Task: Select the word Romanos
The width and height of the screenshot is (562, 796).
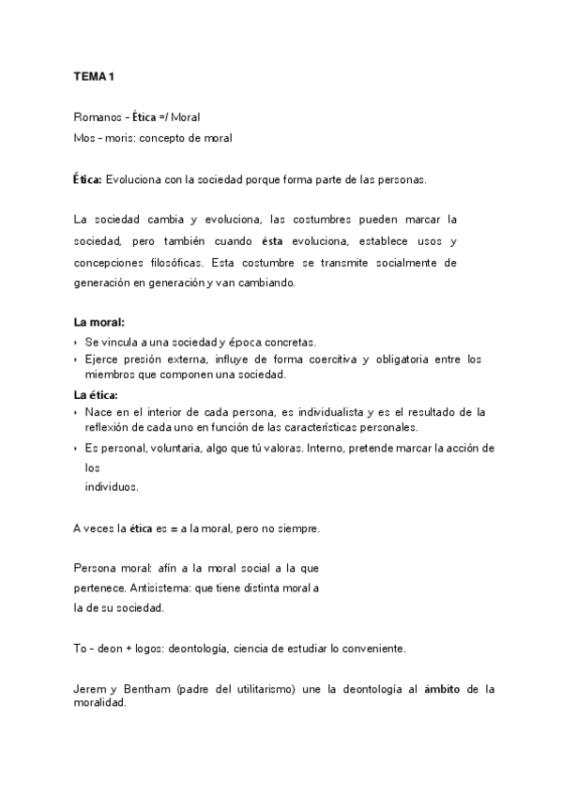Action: click(94, 117)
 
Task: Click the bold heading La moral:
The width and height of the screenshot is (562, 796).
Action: click(99, 323)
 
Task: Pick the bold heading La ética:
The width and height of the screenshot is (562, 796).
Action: click(98, 394)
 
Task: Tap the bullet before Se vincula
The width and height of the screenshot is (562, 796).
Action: click(76, 342)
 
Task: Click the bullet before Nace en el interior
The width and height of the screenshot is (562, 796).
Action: click(76, 413)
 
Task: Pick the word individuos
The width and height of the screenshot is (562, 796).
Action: click(111, 487)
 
